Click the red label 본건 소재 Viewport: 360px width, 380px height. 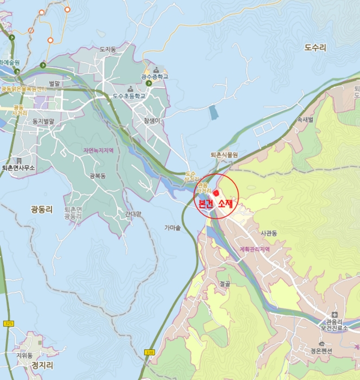tap(216, 204)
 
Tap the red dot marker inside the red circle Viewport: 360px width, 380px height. tap(216, 193)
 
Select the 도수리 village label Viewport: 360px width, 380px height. tap(316, 48)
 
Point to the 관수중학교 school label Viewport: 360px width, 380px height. tap(155, 77)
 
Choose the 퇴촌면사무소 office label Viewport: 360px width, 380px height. tap(18, 168)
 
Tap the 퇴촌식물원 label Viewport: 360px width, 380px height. tap(224, 155)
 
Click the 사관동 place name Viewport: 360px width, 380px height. tap(268, 233)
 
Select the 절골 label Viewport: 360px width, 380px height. tap(226, 283)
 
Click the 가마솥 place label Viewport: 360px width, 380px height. tap(173, 228)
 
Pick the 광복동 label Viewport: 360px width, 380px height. tap(98, 176)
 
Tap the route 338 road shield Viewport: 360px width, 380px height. tap(150, 352)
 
